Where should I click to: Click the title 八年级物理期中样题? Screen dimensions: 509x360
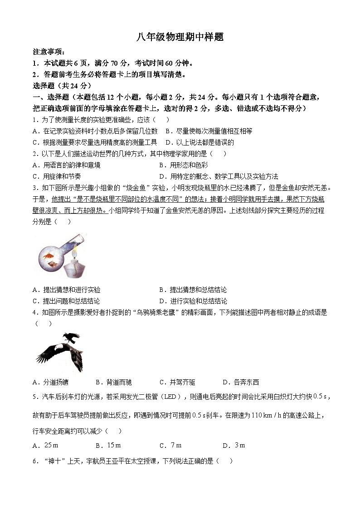[x=180, y=37]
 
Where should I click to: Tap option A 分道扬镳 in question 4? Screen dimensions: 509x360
[x=51, y=382]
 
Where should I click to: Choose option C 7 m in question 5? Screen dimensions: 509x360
[x=170, y=445]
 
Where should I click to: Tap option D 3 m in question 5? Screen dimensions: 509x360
[x=234, y=445]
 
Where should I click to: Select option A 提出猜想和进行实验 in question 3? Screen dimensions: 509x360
[x=67, y=290]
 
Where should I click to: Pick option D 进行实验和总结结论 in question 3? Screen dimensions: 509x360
[x=193, y=301]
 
